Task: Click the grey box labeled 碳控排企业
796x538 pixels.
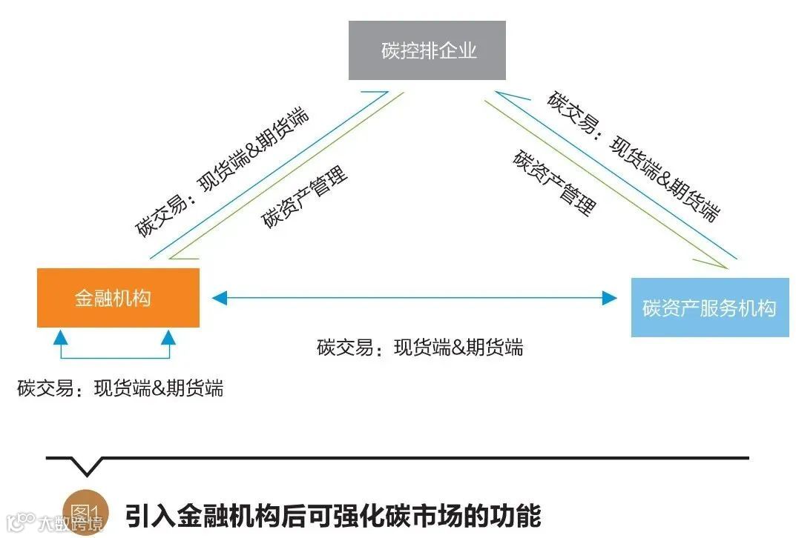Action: coord(427,50)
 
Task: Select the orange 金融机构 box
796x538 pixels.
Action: coord(118,297)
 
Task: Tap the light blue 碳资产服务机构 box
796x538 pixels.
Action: coord(709,308)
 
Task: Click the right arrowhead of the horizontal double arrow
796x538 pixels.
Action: coord(609,298)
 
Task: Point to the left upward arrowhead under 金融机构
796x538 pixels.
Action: coord(62,338)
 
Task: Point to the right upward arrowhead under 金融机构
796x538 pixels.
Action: coord(169,338)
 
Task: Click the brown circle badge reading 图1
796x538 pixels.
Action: coord(85,511)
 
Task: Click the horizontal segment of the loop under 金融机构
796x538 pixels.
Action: coord(115,361)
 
